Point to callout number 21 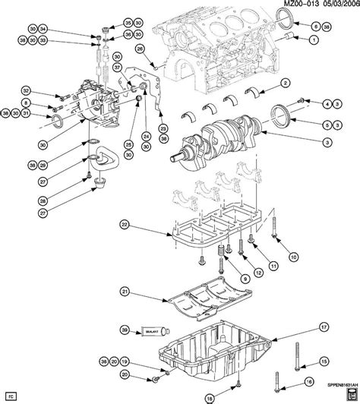tap(126, 291)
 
